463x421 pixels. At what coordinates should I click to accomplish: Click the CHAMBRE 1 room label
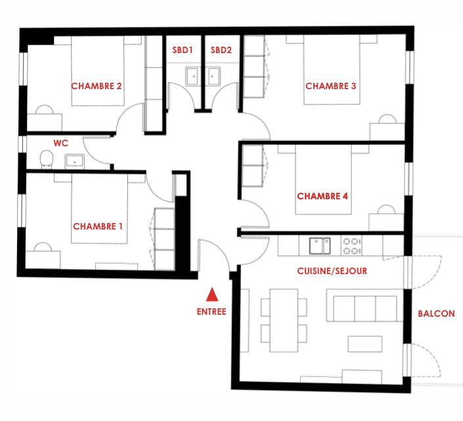(x=98, y=226)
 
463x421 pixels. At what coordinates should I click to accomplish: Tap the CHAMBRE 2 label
(x=97, y=86)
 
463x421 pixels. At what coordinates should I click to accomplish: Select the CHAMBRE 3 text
(x=331, y=86)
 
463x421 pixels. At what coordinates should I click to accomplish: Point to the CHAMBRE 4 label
(x=322, y=196)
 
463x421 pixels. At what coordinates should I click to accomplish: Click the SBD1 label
(x=182, y=50)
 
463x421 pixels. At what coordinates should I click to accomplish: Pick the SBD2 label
(x=221, y=50)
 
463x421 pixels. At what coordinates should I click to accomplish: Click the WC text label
(x=61, y=142)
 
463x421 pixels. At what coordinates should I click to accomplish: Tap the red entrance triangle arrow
(x=211, y=294)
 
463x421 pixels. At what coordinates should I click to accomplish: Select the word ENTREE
(x=211, y=311)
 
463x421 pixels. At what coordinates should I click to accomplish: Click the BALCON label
(x=436, y=313)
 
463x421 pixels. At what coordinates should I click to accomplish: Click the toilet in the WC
(x=46, y=159)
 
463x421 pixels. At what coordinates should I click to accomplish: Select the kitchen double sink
(x=320, y=246)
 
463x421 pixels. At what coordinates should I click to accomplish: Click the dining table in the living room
(x=283, y=319)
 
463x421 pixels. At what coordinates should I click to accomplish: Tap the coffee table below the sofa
(x=364, y=344)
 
